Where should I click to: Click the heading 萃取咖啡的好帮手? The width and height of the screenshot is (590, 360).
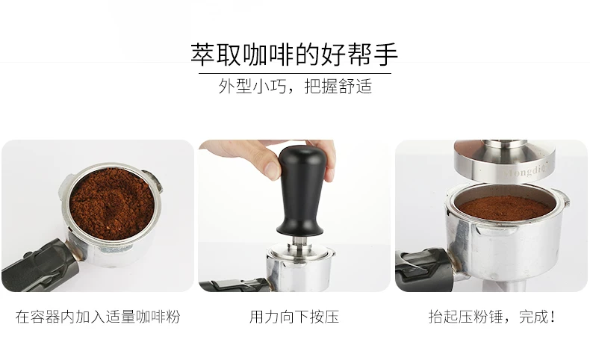294,55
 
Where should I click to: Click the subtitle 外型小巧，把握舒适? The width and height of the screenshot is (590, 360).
295,86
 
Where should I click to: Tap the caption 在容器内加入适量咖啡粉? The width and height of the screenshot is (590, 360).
98,317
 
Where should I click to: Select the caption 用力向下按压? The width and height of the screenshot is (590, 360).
294,317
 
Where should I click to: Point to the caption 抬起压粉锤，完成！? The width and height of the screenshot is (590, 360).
492,317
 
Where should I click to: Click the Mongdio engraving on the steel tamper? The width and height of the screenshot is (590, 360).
525,173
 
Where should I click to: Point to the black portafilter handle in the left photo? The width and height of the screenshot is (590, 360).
40,266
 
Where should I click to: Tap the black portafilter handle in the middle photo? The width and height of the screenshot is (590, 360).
234,285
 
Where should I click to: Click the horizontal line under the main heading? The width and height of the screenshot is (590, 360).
295,73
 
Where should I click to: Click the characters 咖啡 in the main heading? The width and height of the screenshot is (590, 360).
268,55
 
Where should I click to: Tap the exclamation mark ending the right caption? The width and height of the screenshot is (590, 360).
553,317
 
